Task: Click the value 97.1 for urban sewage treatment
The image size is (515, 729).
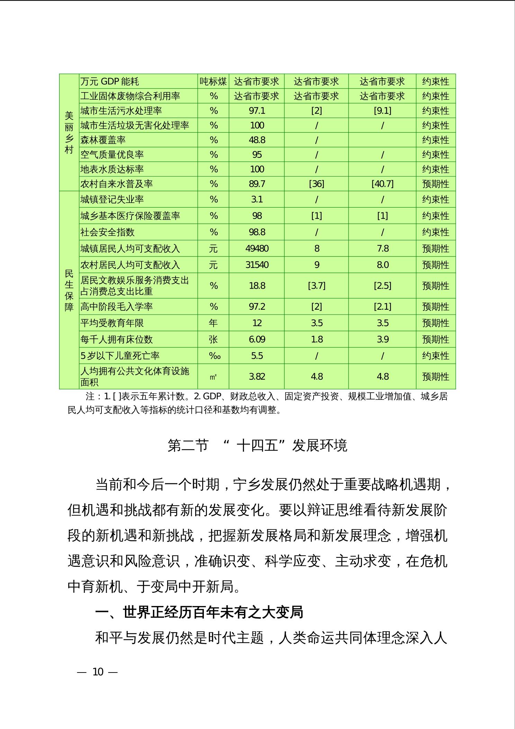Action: click(256, 111)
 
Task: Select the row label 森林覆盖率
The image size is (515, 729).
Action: click(103, 140)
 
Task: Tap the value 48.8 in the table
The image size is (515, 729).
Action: click(256, 140)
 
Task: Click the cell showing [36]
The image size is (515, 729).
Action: click(316, 184)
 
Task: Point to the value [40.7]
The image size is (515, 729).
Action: click(382, 184)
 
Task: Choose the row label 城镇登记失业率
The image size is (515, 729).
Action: click(112, 200)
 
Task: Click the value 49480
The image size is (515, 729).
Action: click(256, 249)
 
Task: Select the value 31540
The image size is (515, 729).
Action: click(256, 265)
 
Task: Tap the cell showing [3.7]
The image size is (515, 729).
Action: click(316, 286)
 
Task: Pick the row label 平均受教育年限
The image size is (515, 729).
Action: click(112, 323)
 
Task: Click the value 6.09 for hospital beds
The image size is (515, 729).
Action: click(256, 340)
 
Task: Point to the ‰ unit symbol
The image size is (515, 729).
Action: click(214, 356)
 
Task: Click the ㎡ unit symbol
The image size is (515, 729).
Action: click(213, 377)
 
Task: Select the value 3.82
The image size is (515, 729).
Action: click(256, 377)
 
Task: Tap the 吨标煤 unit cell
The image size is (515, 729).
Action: click(213, 82)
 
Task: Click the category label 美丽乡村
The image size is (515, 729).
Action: click(69, 132)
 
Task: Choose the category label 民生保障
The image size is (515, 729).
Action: click(69, 290)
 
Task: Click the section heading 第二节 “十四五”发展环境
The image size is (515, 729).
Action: click(257, 446)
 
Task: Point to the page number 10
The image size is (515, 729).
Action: click(98, 672)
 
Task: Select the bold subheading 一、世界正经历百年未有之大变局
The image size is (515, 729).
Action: click(199, 612)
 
